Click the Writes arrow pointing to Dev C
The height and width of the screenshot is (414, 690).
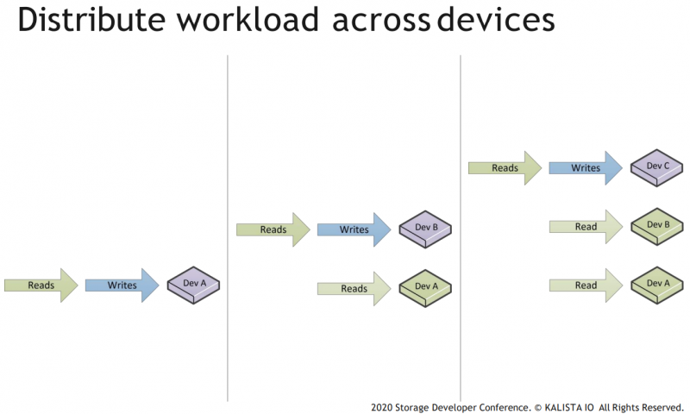pos(585,168)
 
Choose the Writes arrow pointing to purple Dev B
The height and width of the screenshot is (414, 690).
pos(353,229)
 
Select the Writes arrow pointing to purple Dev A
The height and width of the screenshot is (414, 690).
pos(121,285)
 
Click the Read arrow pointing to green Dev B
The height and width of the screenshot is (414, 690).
pos(585,227)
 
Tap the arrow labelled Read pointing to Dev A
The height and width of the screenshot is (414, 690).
pos(585,285)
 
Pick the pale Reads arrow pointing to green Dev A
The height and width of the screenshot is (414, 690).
pos(353,288)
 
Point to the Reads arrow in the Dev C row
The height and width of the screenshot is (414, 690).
pos(504,168)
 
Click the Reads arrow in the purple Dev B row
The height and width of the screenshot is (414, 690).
pos(272,229)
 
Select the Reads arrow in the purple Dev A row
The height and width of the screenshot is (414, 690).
pos(40,285)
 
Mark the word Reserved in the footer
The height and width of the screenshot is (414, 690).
pos(662,406)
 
